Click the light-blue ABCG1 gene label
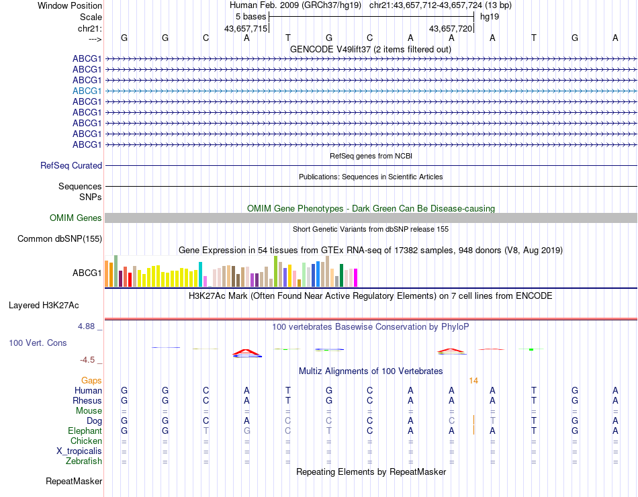tap(87, 91)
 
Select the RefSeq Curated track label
tap(71, 165)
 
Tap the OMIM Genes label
tap(76, 218)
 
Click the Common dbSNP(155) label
tap(60, 239)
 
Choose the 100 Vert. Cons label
tap(38, 343)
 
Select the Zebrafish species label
tap(84, 461)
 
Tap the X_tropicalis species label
tap(79, 451)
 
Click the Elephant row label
tap(85, 431)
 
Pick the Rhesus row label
tap(87, 400)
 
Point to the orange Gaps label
tap(92, 380)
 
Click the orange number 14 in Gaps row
tap(473, 380)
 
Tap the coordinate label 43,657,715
tap(246, 28)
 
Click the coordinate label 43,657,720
tap(451, 28)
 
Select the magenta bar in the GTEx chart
tap(355, 277)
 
